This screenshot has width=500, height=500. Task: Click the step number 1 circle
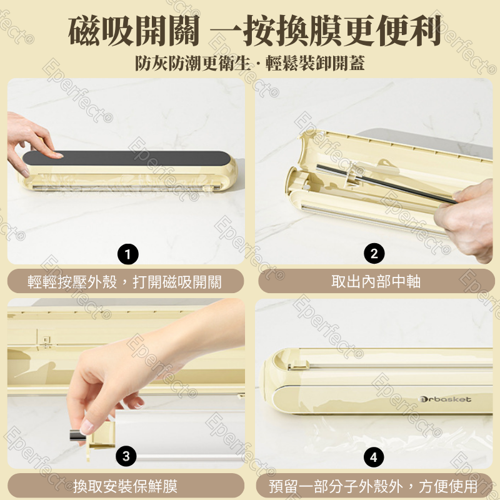pos(128,254)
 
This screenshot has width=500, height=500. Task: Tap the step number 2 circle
pos(374,254)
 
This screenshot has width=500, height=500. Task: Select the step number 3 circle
pos(126,456)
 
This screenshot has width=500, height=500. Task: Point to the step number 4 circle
pos(374,457)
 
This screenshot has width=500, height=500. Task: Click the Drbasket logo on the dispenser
pos(445,399)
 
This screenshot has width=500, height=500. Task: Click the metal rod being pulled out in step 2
pos(386,184)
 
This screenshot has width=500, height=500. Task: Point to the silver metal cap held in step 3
pos(77,435)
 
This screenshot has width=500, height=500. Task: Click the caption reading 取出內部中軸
pos(376,281)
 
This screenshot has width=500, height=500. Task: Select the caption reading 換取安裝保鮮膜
pos(126,486)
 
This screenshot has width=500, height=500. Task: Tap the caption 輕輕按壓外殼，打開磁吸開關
pos(124,282)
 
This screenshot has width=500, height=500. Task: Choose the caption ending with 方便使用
pos(373,486)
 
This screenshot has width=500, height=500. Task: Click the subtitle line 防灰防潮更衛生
pos(192,63)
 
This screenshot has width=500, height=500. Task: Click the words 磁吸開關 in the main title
pos(134,31)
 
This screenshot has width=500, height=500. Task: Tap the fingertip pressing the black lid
pos(58,155)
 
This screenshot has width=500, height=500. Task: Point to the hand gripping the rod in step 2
pos(466,220)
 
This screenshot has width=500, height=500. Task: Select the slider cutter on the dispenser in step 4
pos(298,366)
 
